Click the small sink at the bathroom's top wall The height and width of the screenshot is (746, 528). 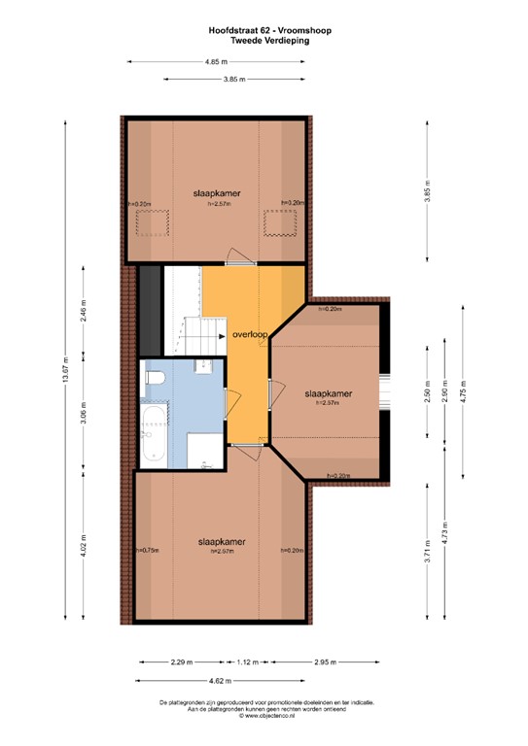point(204,366)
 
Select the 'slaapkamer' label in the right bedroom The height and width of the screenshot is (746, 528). point(327,393)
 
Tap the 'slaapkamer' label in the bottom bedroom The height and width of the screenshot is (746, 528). point(221,541)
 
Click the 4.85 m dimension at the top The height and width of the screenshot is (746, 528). point(217,61)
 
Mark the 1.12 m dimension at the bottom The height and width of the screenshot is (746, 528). point(249,662)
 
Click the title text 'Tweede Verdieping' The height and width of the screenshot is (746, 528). point(263,42)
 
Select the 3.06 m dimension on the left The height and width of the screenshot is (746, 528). point(84,421)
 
